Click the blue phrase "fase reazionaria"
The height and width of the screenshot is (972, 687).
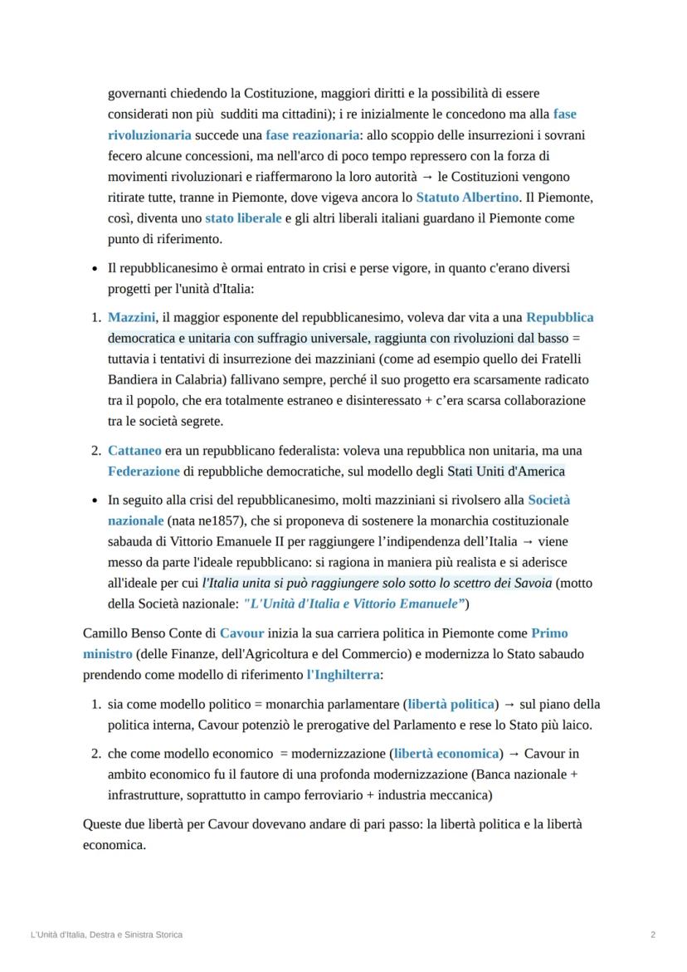click(312, 134)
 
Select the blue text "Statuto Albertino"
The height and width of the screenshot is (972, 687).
click(468, 198)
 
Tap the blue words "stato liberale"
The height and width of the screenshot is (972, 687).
click(244, 218)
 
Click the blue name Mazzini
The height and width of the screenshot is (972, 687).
click(132, 317)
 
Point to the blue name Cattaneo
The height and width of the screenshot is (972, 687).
click(134, 451)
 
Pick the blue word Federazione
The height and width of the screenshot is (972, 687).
click(144, 471)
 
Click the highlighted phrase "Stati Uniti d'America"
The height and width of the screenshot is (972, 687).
click(505, 471)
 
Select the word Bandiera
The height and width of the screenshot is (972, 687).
click(132, 379)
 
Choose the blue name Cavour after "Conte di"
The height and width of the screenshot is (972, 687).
click(241, 633)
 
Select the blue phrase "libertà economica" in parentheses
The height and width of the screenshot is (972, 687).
click(447, 754)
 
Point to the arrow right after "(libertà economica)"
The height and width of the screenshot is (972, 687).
click(513, 754)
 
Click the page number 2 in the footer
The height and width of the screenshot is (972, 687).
click(653, 935)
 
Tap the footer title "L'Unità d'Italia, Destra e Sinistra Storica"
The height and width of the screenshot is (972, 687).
click(106, 935)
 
